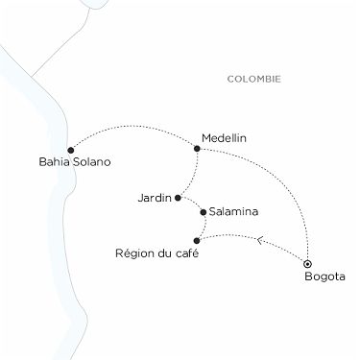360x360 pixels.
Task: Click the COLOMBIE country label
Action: point(254,79)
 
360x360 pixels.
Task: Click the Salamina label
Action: point(233,210)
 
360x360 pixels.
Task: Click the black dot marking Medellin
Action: point(197,148)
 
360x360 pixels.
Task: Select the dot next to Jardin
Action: point(178,198)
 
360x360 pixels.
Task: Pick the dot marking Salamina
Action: point(203,211)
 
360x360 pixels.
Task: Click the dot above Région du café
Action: point(197,240)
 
